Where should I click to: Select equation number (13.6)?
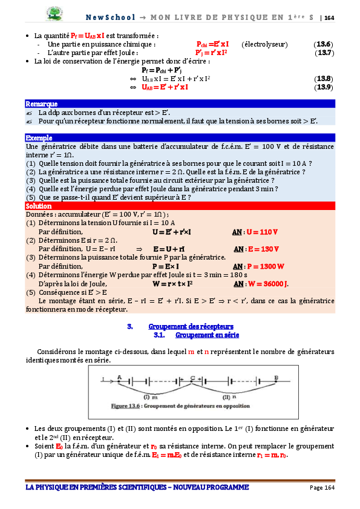pyautogui.click(x=323, y=44)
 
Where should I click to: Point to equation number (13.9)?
pyautogui.click(x=324, y=87)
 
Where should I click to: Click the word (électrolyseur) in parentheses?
pyautogui.click(x=264, y=44)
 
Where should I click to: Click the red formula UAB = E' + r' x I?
pyautogui.click(x=165, y=87)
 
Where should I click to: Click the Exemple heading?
pyautogui.click(x=39, y=138)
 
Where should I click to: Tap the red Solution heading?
pyautogui.click(x=39, y=206)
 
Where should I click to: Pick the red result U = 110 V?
pyautogui.click(x=262, y=232)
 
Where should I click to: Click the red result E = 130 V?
pyautogui.click(x=263, y=249)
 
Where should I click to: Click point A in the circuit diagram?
pyautogui.click(x=119, y=376)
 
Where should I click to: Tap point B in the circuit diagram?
pyautogui.click(x=276, y=377)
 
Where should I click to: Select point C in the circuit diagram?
pyautogui.click(x=192, y=377)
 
